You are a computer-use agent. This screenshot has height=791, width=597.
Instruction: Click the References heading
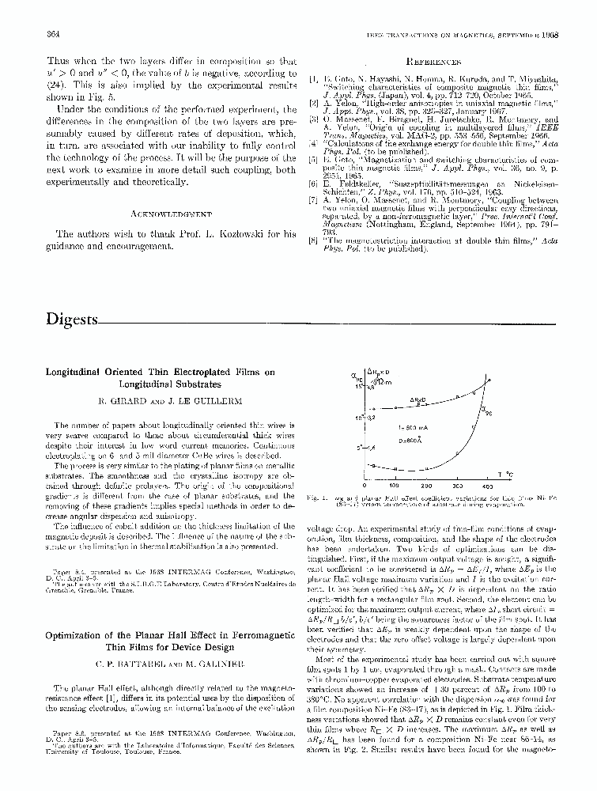pyautogui.click(x=433, y=61)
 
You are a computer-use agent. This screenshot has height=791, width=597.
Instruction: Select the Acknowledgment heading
pyautogui.click(x=172, y=214)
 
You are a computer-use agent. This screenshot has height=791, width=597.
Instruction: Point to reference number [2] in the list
pyautogui.click(x=313, y=103)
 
